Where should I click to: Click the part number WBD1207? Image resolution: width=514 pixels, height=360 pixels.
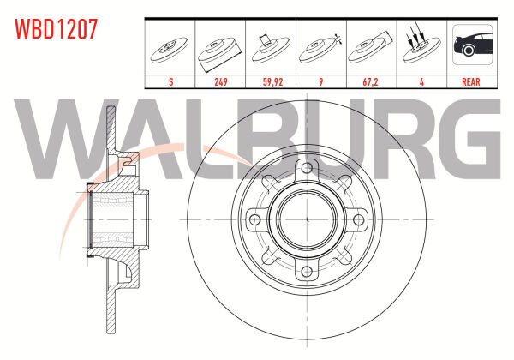56,29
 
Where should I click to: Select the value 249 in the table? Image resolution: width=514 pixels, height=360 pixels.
221,82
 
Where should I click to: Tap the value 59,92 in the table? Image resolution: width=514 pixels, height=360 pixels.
272,82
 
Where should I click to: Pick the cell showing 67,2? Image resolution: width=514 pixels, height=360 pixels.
370,82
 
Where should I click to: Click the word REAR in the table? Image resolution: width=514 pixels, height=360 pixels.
470,82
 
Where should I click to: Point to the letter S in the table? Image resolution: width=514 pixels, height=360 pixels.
170,82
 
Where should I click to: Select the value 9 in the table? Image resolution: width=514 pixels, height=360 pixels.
321,82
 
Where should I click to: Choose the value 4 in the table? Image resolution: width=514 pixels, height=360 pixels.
421,82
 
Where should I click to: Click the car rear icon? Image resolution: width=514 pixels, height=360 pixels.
472,45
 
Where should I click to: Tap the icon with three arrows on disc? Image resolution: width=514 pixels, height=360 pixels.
421,45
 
